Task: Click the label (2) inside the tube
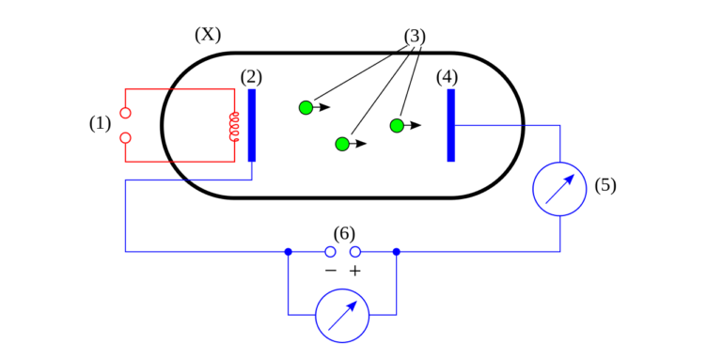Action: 251,77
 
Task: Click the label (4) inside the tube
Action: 447,77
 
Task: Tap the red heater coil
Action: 234,126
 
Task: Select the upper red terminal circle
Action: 125,113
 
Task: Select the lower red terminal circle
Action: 125,138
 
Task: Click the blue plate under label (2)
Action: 251,125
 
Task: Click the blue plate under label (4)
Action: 450,125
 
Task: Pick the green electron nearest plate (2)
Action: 306,107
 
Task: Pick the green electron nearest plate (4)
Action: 397,125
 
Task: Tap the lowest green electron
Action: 342,144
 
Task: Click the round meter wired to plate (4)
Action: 559,189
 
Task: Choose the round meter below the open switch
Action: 342,316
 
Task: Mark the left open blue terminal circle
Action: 330,252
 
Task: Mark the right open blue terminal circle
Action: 354,252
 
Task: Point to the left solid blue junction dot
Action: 288,252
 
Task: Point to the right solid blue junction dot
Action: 397,252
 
